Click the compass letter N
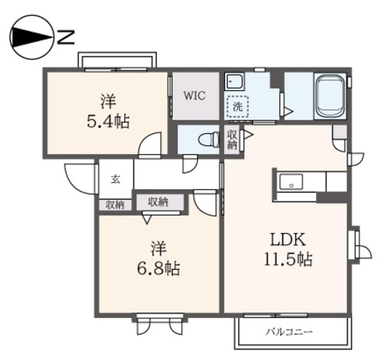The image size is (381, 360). (x=65, y=37)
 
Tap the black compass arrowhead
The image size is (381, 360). (x=32, y=37)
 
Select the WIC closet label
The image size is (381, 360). (x=195, y=95)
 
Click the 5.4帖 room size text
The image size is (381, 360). (x=108, y=121)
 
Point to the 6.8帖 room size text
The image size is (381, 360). (x=158, y=269)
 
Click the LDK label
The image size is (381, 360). (x=288, y=240)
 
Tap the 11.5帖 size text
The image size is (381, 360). (x=288, y=259)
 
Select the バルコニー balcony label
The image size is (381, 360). (x=289, y=331)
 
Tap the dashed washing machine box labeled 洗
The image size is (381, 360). (x=238, y=106)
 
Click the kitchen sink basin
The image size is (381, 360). (x=291, y=181)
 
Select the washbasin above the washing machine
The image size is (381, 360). (x=235, y=82)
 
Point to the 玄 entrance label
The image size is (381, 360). (x=115, y=179)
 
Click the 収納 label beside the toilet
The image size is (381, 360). (x=232, y=140)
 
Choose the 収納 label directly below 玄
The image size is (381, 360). (x=115, y=205)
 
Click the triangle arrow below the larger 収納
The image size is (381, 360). (x=146, y=220)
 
